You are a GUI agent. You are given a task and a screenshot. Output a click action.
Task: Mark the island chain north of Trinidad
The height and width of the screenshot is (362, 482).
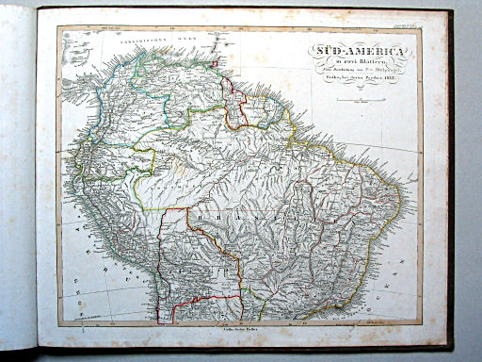(x=216, y=47)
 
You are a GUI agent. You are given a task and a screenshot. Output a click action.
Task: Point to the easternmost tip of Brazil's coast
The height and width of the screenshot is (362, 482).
(x=402, y=200)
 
